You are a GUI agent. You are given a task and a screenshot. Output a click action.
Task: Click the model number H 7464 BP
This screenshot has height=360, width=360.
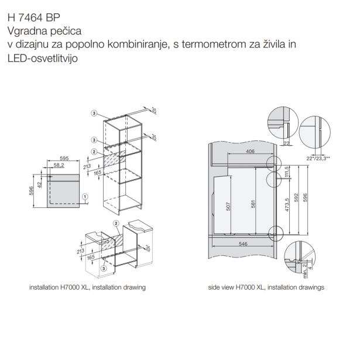coord(34,18)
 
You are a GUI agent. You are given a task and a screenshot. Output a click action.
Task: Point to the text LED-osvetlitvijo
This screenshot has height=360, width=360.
coord(43,59)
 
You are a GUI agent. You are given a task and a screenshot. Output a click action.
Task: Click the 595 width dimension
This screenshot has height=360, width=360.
coord(64,158)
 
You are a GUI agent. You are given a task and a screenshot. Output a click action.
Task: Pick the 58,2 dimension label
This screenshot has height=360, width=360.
coord(59,165)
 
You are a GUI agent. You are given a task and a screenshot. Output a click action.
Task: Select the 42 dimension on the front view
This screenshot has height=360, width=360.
coord(40,184)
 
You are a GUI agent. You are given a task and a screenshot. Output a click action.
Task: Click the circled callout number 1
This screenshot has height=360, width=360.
coord(85,197)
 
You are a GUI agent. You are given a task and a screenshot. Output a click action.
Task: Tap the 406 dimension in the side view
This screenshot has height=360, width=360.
coord(251,151)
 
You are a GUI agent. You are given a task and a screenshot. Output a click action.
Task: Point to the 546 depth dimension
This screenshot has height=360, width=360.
coord(243,244)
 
